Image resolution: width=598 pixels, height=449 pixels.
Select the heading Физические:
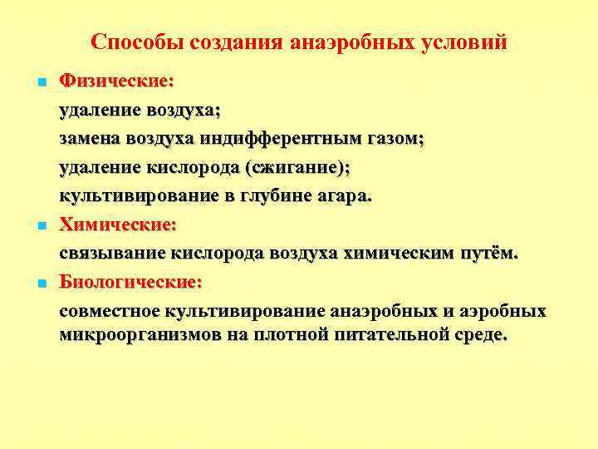click(x=116, y=81)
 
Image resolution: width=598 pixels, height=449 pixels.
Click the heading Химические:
click(x=117, y=224)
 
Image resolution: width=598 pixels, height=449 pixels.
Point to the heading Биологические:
click(x=130, y=282)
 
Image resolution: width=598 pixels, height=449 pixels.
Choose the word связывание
click(x=111, y=253)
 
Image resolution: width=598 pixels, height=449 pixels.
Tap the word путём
click(x=490, y=253)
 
